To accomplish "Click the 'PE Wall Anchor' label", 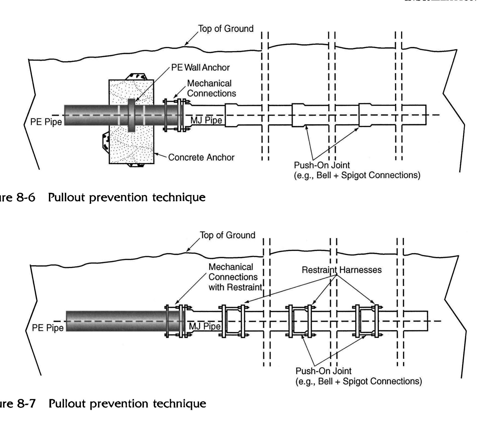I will click(x=200, y=68).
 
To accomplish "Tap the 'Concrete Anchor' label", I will click(x=201, y=158).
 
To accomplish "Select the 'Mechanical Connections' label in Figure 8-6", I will click(x=211, y=88).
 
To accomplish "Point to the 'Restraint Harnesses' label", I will click(x=342, y=270).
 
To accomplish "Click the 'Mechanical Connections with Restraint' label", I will click(x=235, y=277).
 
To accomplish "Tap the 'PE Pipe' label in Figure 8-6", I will click(x=46, y=122).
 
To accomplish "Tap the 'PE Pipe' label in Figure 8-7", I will click(x=48, y=328).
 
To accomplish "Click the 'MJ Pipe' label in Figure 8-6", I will click(x=206, y=120).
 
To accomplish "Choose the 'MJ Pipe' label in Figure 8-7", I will click(x=205, y=326).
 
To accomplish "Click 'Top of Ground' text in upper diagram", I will click(x=226, y=29).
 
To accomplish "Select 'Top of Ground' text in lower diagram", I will click(x=227, y=235).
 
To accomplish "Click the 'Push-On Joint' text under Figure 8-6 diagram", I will click(x=322, y=165).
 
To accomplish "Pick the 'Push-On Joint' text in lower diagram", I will click(x=323, y=371).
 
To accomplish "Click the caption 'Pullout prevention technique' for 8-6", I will click(x=127, y=197).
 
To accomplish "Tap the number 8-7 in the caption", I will click(x=27, y=404).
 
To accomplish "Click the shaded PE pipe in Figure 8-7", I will click(x=115, y=321).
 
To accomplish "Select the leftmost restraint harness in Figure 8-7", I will click(x=233, y=321).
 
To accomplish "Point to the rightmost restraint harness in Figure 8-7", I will click(x=367, y=321).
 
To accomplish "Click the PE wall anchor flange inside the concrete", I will click(x=131, y=115).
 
